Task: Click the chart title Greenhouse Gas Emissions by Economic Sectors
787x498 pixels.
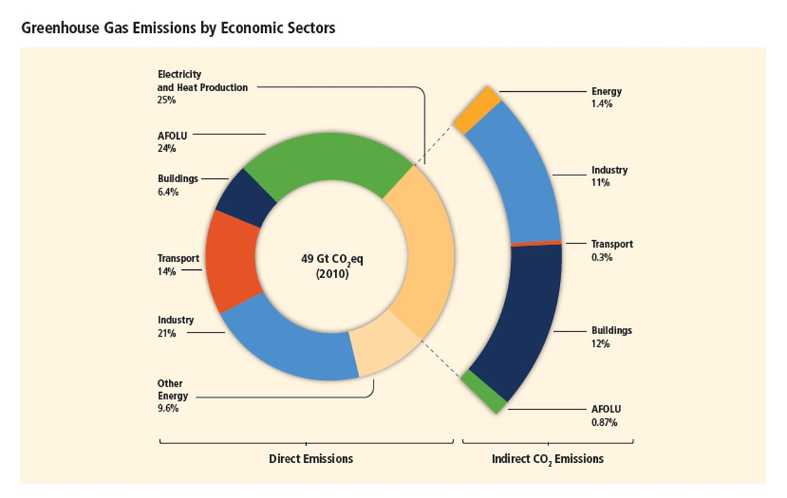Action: pyautogui.click(x=178, y=28)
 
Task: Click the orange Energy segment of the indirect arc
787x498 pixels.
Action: pyautogui.click(x=477, y=109)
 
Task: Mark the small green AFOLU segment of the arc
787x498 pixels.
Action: pyautogui.click(x=484, y=391)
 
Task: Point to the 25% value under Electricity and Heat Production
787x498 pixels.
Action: pyautogui.click(x=167, y=100)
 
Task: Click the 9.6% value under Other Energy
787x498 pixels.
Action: pyautogui.click(x=168, y=408)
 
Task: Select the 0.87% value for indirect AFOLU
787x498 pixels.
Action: pyautogui.click(x=604, y=422)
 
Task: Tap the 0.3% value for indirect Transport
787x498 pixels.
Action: pyautogui.click(x=602, y=258)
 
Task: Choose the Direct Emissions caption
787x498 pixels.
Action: pyautogui.click(x=311, y=459)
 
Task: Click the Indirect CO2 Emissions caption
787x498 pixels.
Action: pyautogui.click(x=548, y=459)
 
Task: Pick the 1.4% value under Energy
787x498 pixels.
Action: pyautogui.click(x=602, y=105)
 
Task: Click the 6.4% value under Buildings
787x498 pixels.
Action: pyautogui.click(x=168, y=192)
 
